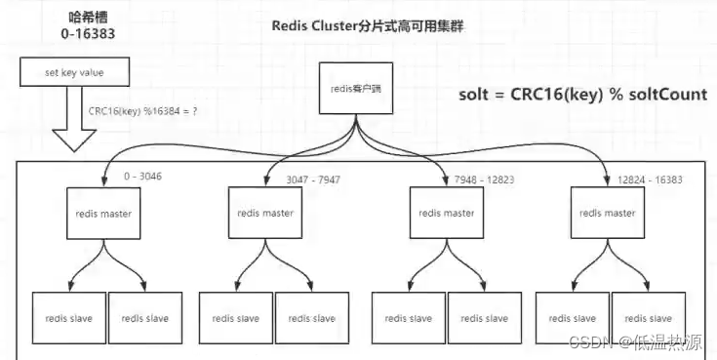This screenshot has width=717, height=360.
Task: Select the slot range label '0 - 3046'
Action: pos(142,178)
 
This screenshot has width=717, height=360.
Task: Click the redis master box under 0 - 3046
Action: pos(105,213)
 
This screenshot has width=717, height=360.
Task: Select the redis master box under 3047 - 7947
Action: pos(265,213)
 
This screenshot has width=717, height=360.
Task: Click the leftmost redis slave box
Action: pos(68,318)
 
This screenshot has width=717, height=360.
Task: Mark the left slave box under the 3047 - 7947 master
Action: pos(235,318)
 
